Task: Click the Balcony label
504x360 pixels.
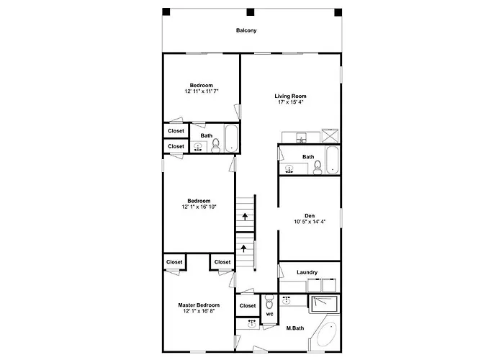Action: pos(246,30)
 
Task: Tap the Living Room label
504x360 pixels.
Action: pos(290,96)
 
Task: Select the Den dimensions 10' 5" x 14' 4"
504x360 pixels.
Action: pos(310,222)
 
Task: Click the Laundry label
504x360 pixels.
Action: pos(307,272)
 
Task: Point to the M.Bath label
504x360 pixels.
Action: pos(295,328)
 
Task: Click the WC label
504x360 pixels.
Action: pos(270,314)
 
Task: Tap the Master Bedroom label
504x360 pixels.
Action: pos(199,305)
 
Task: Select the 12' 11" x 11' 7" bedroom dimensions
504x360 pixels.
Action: pos(202,91)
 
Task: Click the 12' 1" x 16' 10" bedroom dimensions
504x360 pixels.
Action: pos(199,207)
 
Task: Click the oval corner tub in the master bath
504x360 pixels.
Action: pos(327,333)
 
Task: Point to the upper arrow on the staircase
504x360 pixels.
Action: pos(245,216)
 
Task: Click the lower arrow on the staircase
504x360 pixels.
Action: pos(244,248)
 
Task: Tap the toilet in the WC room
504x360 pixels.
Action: pos(269,302)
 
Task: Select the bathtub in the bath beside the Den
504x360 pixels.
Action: pos(332,160)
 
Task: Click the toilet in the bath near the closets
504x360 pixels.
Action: pos(216,145)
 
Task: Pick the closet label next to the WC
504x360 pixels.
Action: pos(248,306)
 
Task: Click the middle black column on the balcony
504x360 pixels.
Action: pos(251,12)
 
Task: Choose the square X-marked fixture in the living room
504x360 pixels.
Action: pos(330,135)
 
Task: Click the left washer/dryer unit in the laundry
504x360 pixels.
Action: pos(315,285)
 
